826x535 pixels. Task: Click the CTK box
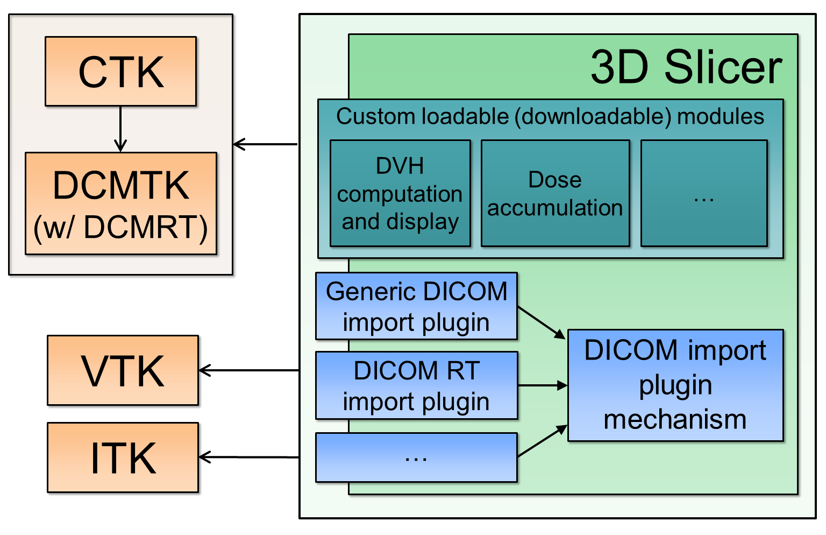coord(120,71)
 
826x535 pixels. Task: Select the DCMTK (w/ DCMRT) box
coord(120,203)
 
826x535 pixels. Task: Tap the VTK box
coord(123,370)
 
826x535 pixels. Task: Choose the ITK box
coord(123,457)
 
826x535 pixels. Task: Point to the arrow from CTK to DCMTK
coord(120,129)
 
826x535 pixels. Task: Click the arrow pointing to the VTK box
coord(248,370)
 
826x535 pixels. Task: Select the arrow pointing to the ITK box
coord(248,457)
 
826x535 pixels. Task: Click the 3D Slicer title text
coord(686,67)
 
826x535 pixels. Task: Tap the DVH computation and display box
coord(400,193)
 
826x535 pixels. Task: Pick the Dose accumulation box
coord(555,193)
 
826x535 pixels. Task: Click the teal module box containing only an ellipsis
coord(704,193)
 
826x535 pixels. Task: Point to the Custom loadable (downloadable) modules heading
coord(550,116)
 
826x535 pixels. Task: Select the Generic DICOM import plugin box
coord(416,306)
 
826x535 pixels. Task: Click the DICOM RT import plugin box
coord(416,385)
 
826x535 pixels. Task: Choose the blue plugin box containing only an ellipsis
coord(416,457)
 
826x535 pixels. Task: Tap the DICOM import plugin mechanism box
coord(675,385)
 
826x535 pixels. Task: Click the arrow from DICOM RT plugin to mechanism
coord(542,385)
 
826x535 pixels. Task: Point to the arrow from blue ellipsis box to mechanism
coord(542,441)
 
